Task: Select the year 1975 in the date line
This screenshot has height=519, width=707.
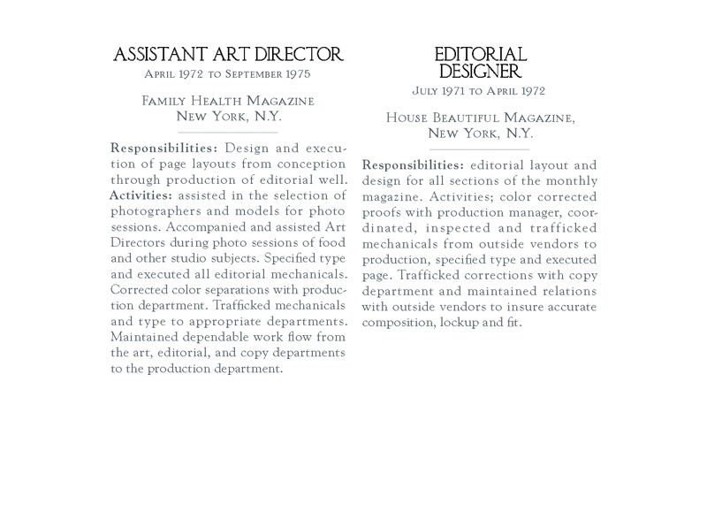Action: [293, 75]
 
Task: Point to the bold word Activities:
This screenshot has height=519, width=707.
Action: [141, 195]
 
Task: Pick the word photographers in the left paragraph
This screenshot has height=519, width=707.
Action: [154, 210]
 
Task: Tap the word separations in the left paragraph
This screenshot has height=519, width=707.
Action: [224, 290]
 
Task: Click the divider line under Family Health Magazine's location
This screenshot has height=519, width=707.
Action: [228, 133]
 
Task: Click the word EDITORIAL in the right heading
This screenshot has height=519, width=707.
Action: [480, 56]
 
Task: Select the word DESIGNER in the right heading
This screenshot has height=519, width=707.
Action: [480, 72]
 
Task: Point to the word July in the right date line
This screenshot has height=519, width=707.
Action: [427, 91]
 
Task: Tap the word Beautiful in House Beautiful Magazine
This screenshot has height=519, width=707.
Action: [472, 118]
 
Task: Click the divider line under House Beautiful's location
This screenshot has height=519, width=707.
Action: [480, 149]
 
